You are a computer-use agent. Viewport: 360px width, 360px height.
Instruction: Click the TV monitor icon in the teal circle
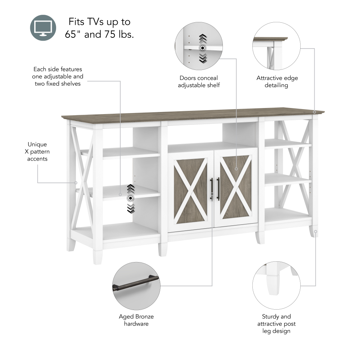[x=43, y=28]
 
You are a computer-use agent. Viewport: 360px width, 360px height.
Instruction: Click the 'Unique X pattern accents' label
[x=37, y=152]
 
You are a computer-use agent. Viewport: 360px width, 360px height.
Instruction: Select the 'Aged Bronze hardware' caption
[x=136, y=320]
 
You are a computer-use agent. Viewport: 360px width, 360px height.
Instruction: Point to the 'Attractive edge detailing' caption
[x=277, y=82]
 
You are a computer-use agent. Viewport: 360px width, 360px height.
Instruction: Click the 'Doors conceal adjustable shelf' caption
[x=199, y=82]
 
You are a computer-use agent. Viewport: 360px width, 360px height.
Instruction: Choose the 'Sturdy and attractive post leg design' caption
[x=276, y=324]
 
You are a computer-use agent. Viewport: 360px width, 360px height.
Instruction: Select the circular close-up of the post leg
[x=276, y=285]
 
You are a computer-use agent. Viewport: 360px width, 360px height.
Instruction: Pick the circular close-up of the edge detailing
[x=276, y=46]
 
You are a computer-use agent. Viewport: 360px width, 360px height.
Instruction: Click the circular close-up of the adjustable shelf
[x=199, y=46]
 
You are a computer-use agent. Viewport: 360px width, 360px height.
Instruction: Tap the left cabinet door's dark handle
[x=212, y=189]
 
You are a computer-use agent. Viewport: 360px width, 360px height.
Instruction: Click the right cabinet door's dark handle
[x=218, y=189]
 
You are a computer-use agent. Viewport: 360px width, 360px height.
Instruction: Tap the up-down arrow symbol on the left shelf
[x=130, y=198]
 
